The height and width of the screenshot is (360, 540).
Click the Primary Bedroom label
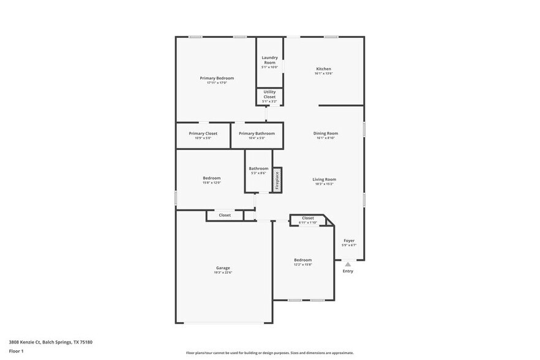coord(217,78)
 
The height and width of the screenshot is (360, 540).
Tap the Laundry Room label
coord(269,60)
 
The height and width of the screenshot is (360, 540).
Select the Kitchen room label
coord(323,69)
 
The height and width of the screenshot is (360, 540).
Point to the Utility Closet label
coord(269,94)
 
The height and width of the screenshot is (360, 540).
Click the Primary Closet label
coord(203,133)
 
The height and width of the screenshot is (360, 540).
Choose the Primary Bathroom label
coord(257,133)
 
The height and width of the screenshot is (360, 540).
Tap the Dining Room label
coord(325,133)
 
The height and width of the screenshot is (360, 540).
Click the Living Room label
coord(324,179)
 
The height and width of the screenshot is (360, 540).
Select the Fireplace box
coord(277,180)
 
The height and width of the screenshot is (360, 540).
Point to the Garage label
coord(223,268)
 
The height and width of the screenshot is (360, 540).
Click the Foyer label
coord(349,241)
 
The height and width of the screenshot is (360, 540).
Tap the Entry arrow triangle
coord(348,264)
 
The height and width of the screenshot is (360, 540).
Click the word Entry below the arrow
coord(348,271)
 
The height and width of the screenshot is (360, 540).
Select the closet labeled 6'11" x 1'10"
coord(308,220)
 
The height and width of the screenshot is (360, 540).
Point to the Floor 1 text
coord(16,351)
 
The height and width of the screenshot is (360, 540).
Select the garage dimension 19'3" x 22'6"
coord(223,272)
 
